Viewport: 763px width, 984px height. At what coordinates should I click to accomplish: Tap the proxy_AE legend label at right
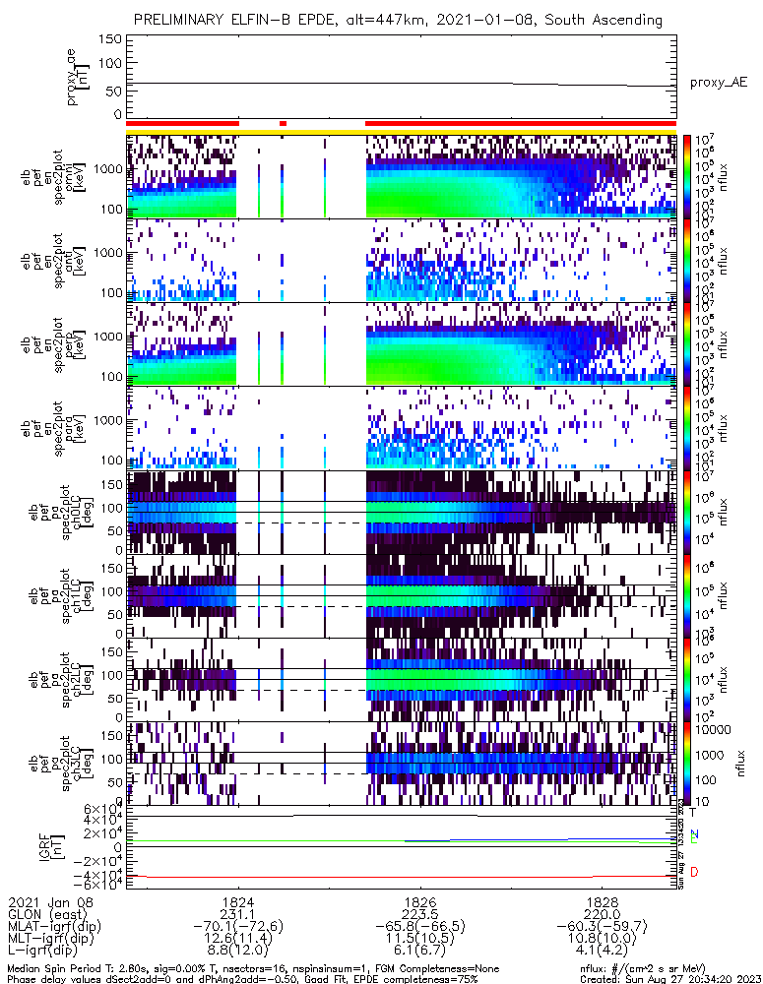(717, 83)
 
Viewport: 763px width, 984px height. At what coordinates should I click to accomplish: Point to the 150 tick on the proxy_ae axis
(110, 39)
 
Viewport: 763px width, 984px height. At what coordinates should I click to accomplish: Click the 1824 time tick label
(237, 900)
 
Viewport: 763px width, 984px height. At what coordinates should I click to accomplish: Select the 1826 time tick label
(420, 900)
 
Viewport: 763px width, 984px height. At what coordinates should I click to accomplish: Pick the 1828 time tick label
(603, 900)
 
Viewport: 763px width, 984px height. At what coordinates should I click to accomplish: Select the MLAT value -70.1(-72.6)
(237, 927)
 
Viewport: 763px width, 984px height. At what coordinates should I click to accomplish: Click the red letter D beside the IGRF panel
(695, 873)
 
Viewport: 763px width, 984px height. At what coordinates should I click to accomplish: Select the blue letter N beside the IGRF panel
(695, 834)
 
